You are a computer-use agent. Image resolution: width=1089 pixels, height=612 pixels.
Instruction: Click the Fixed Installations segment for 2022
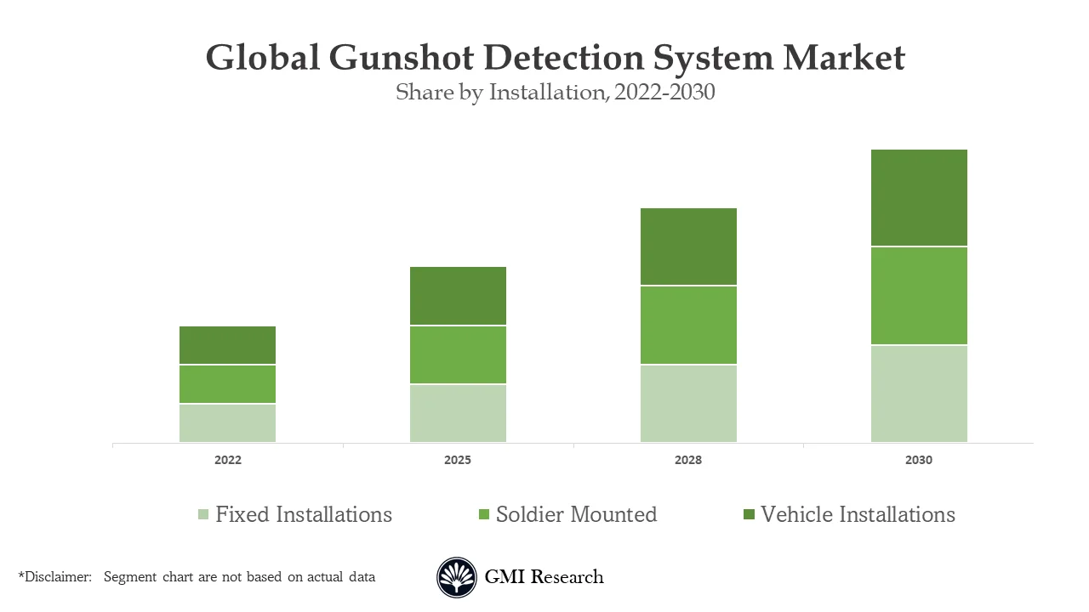click(x=227, y=422)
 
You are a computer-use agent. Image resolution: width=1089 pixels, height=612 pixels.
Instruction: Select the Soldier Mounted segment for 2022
click(x=227, y=384)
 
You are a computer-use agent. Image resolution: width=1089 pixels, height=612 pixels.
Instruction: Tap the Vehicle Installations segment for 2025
click(x=458, y=296)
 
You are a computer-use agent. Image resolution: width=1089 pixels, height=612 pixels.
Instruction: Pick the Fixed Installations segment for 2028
click(x=688, y=403)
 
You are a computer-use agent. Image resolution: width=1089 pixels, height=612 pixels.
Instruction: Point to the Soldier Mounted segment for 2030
click(x=919, y=296)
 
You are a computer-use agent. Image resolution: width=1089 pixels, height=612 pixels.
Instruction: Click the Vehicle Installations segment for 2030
click(x=919, y=198)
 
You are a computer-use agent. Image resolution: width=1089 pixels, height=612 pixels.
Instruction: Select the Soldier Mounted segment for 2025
click(x=458, y=354)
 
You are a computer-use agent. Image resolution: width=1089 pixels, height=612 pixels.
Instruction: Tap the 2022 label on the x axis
click(x=227, y=460)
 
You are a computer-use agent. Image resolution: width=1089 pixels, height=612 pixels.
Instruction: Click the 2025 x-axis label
click(x=458, y=460)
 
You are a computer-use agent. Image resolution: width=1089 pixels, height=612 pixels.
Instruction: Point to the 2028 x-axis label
click(x=688, y=460)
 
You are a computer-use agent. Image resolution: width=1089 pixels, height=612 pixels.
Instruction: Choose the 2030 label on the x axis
click(x=919, y=460)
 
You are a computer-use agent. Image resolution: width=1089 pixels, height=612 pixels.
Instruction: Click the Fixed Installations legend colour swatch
click(x=203, y=515)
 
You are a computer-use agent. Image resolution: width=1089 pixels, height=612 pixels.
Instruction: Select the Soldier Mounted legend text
click(x=576, y=514)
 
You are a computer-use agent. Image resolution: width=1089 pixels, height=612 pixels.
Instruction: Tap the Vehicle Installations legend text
click(x=858, y=514)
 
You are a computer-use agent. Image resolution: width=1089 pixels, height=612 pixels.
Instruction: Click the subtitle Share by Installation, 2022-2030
click(x=555, y=92)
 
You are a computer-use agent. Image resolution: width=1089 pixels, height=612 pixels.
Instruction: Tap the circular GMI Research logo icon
click(x=457, y=578)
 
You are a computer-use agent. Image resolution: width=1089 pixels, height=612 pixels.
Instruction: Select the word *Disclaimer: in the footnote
click(x=54, y=577)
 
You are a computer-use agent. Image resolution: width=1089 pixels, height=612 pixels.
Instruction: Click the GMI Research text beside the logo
click(x=544, y=577)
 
